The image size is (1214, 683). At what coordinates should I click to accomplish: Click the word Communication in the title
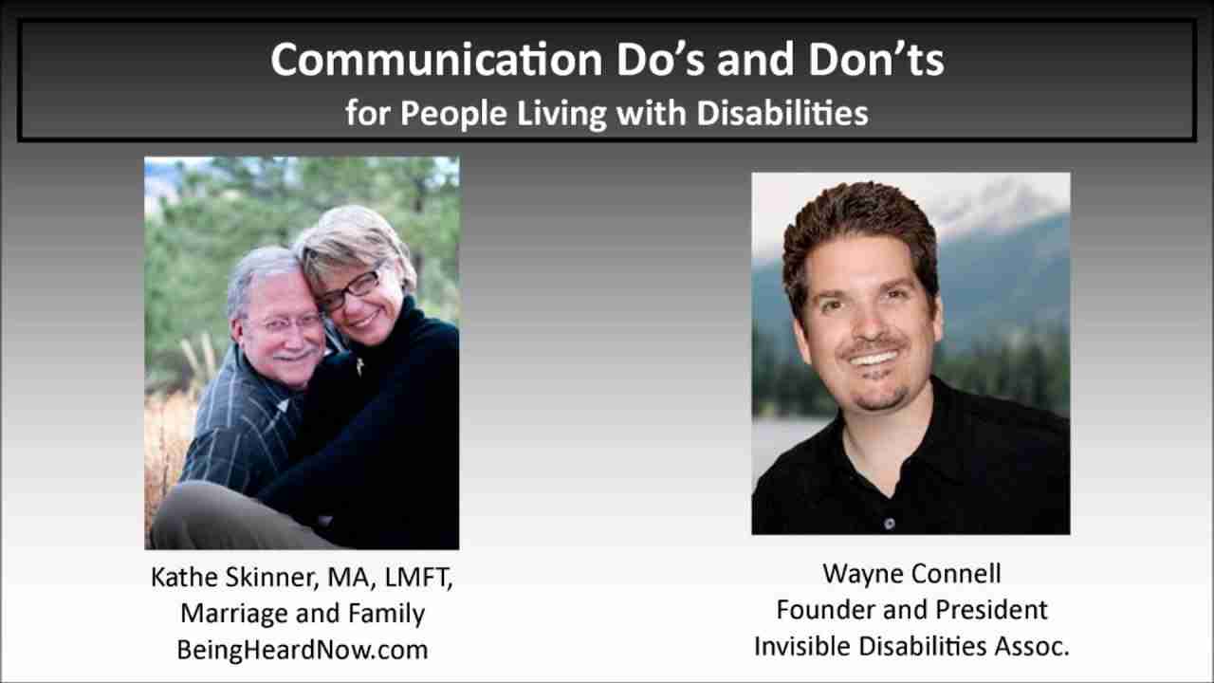[x=437, y=60]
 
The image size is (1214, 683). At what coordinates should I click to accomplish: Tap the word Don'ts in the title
[x=876, y=60]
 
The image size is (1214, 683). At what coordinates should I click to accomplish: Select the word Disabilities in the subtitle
[x=782, y=113]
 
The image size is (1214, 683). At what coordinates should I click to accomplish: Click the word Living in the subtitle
[x=561, y=115]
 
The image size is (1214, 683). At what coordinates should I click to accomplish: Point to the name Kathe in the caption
[x=183, y=577]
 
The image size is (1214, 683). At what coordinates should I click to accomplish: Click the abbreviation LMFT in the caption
[x=416, y=578]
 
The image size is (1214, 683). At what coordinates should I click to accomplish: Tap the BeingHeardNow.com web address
[x=303, y=650]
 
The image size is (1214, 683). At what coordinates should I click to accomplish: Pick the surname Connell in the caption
[x=956, y=574]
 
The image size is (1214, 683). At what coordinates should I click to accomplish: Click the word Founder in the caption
[x=824, y=610]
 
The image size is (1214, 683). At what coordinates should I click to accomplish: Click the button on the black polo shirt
[x=890, y=524]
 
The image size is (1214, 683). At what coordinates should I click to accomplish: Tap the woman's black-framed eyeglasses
[x=351, y=290]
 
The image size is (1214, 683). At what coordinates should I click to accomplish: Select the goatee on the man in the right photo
[x=881, y=399]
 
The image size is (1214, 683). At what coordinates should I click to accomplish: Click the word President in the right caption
[x=992, y=610]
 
